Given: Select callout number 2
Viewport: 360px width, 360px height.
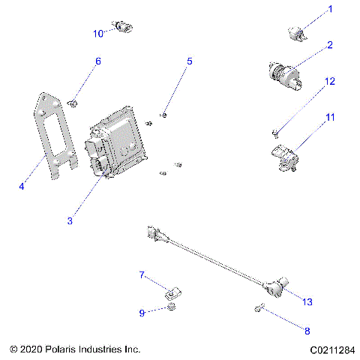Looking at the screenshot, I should [329, 45].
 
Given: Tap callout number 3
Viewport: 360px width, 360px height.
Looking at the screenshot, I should [70, 220].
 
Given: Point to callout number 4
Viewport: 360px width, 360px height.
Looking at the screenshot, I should [22, 186].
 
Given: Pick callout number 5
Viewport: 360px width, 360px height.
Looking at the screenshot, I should [190, 61].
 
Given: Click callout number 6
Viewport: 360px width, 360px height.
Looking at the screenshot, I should [97, 61].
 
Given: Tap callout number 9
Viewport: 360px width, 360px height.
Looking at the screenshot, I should [141, 312].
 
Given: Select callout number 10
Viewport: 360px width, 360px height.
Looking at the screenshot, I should [97, 34].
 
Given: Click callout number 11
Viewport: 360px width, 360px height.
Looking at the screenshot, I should [329, 118].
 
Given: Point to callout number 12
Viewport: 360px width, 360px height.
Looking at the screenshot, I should [329, 81].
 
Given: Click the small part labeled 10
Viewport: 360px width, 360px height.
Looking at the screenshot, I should [123, 27].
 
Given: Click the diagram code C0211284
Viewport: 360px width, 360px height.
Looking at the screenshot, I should [331, 349].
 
